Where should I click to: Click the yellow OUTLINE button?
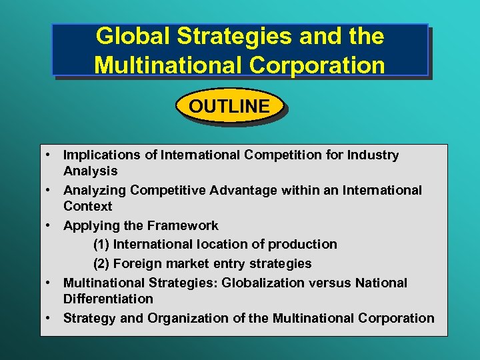pyautogui.click(x=229, y=106)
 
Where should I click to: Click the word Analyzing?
pyautogui.click(x=95, y=191)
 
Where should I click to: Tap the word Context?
pyautogui.click(x=87, y=207)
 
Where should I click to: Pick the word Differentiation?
pyautogui.click(x=108, y=299)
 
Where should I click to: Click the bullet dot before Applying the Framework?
pyautogui.click(x=50, y=225)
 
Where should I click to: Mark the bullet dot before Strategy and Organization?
pyautogui.click(x=50, y=317)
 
